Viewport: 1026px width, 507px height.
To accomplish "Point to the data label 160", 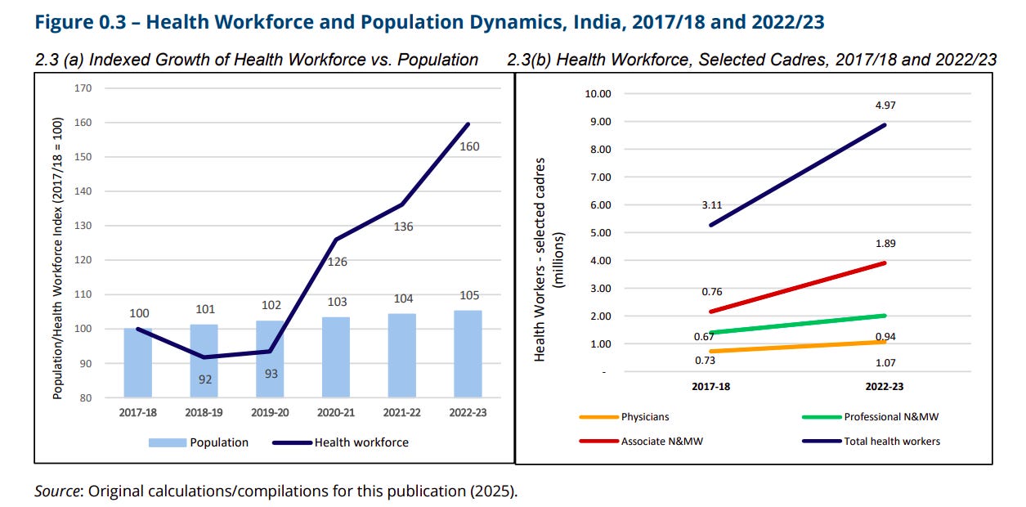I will click(x=470, y=147).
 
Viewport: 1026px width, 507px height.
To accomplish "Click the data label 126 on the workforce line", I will click(x=337, y=262).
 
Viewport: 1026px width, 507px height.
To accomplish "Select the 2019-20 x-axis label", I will click(x=270, y=412).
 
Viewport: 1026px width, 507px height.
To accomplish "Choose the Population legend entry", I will click(x=218, y=442).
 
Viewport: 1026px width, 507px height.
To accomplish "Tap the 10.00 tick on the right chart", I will click(x=598, y=93).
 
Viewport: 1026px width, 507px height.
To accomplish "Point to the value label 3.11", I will click(x=710, y=207).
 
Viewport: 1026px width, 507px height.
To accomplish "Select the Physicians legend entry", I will click(x=644, y=417).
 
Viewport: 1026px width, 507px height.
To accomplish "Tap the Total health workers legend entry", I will click(x=891, y=441).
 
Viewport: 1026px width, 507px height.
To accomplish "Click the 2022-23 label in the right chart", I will click(x=885, y=387).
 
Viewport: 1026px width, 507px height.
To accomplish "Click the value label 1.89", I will click(x=885, y=243).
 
